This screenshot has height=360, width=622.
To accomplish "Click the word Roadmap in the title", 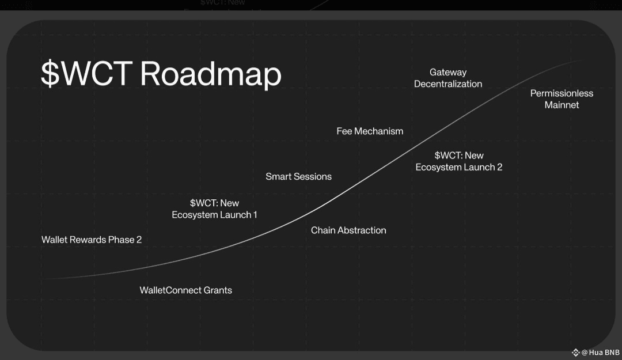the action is [210, 74].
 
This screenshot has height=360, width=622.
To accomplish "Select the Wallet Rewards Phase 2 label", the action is [92, 240].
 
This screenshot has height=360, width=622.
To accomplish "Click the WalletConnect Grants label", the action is [185, 290].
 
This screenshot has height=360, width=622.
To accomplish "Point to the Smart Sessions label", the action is [298, 176].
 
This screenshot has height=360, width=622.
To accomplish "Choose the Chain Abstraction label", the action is [348, 230].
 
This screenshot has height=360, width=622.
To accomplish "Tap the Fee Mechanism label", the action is [370, 131].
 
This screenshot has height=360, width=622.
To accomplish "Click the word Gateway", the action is [448, 72].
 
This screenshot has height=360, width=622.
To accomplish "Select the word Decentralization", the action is [448, 84].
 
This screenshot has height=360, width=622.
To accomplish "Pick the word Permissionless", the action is [562, 93].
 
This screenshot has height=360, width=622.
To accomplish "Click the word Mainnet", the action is [562, 105].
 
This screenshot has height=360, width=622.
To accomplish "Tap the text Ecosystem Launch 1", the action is [214, 215].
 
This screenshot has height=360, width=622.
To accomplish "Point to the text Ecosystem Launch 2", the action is [459, 167].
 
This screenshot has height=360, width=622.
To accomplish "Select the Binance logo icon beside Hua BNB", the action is [575, 353].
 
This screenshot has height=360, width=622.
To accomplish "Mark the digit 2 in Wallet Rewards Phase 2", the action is [139, 240].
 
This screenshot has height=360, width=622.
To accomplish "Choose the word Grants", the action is [217, 290].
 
